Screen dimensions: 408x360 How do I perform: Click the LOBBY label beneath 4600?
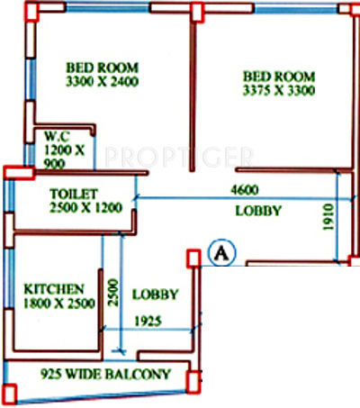(x=259, y=211)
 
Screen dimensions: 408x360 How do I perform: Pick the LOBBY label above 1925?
(x=155, y=295)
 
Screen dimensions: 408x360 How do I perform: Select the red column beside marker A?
(x=192, y=258)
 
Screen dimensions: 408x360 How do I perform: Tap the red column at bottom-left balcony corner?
(x=10, y=392)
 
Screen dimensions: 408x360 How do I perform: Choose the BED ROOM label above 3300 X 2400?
(x=100, y=66)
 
